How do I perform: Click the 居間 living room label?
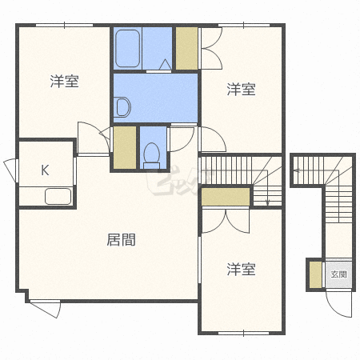121,240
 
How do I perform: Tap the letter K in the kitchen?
45,170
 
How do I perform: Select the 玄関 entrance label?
338,274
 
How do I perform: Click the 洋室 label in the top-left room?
65,82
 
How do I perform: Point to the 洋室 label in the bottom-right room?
241,269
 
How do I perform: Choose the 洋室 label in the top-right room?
241,89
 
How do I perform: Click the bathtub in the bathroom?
128,48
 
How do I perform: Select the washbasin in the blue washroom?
122,107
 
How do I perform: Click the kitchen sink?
58,196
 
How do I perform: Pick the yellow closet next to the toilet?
125,147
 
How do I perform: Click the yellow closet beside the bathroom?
186,48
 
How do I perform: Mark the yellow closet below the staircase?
226,197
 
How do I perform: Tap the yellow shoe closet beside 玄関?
316,274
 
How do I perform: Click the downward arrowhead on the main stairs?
268,202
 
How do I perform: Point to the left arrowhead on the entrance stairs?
296,170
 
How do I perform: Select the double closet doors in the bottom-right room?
226,222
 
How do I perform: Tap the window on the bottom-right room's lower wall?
243,334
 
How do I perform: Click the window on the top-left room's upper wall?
65,26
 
